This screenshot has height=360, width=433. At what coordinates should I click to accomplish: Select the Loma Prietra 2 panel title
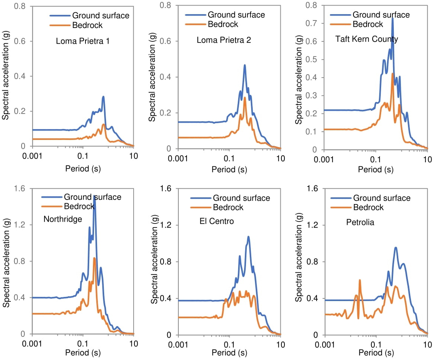224,41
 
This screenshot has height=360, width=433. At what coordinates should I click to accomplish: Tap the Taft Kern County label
367,39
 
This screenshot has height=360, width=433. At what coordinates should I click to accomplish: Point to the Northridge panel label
63,219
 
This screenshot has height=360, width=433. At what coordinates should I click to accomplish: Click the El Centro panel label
216,221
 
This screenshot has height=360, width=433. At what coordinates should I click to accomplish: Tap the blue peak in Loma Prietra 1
103,97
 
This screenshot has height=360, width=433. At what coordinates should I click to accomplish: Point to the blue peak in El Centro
248,237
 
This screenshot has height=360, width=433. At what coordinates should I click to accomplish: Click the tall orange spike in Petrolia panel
360,280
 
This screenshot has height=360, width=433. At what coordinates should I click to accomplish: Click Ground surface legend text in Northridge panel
93,197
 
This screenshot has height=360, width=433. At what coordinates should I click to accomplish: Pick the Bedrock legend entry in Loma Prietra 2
223,24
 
